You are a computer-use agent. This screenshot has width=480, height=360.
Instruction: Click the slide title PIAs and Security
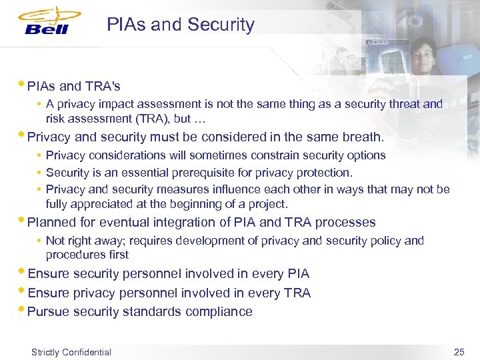click(x=181, y=25)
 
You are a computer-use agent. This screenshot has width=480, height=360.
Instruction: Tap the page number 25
click(x=458, y=351)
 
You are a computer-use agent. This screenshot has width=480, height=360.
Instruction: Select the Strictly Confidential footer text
click(x=71, y=352)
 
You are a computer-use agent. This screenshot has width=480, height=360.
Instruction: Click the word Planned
click(x=52, y=222)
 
